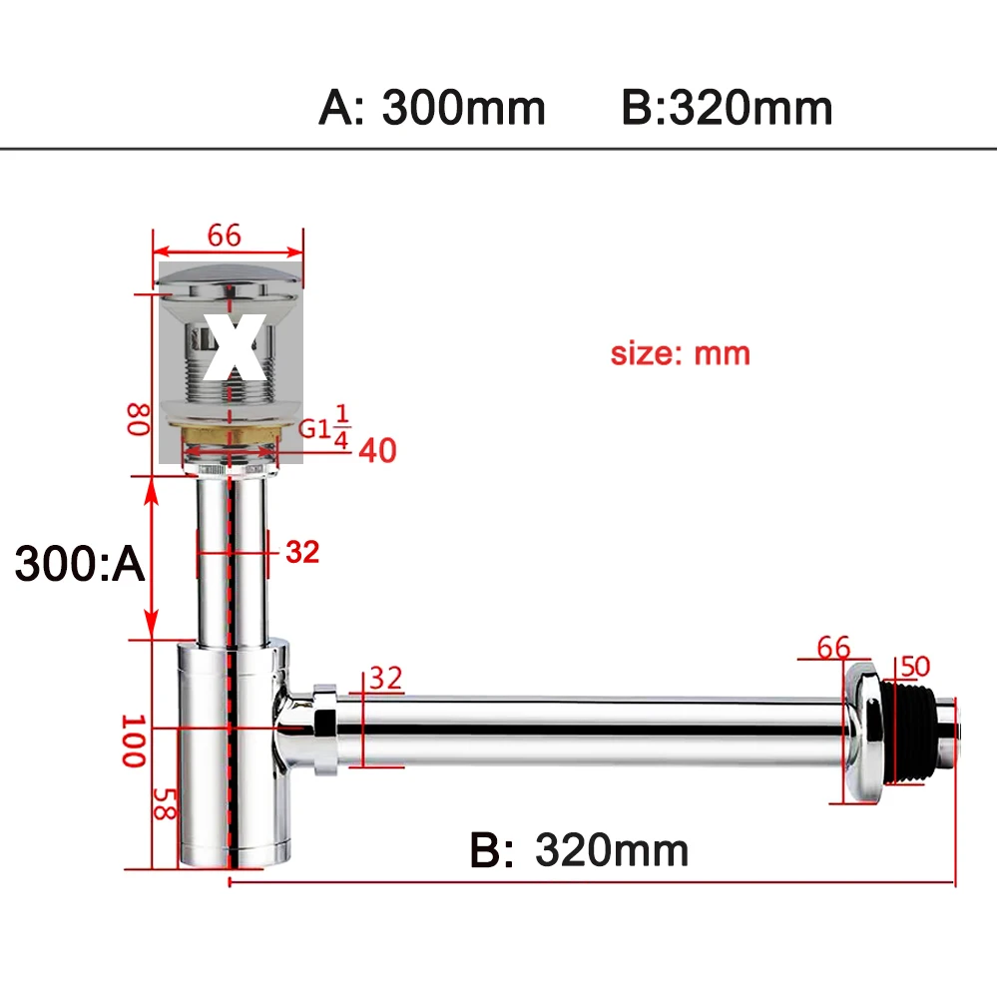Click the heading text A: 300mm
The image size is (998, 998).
pyautogui.click(x=432, y=108)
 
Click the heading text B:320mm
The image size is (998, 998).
pyautogui.click(x=727, y=108)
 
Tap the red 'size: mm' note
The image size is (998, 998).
pyautogui.click(x=681, y=354)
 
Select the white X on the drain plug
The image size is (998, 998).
pyautogui.click(x=235, y=347)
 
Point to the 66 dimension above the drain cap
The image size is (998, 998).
pyautogui.click(x=224, y=236)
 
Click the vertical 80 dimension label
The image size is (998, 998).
pyautogui.click(x=138, y=419)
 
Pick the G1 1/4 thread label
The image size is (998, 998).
pyautogui.click(x=324, y=426)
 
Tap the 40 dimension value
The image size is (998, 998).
pyautogui.click(x=377, y=451)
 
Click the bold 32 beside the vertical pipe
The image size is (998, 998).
pyautogui.click(x=302, y=552)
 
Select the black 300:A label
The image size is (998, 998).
pyautogui.click(x=80, y=563)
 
